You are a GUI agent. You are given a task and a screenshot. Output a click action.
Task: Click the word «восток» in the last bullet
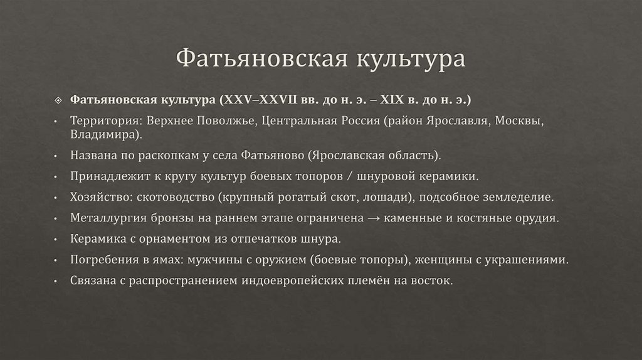click(431, 280)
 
